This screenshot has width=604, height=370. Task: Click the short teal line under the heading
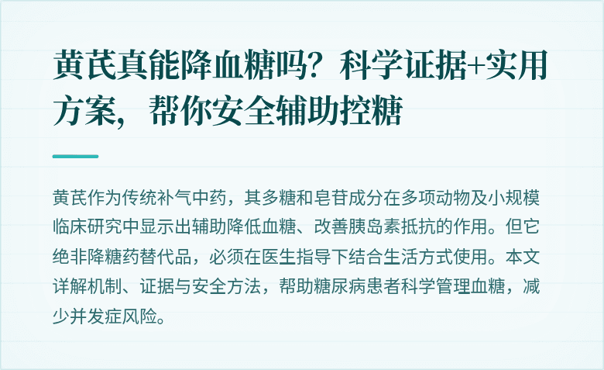75,156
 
